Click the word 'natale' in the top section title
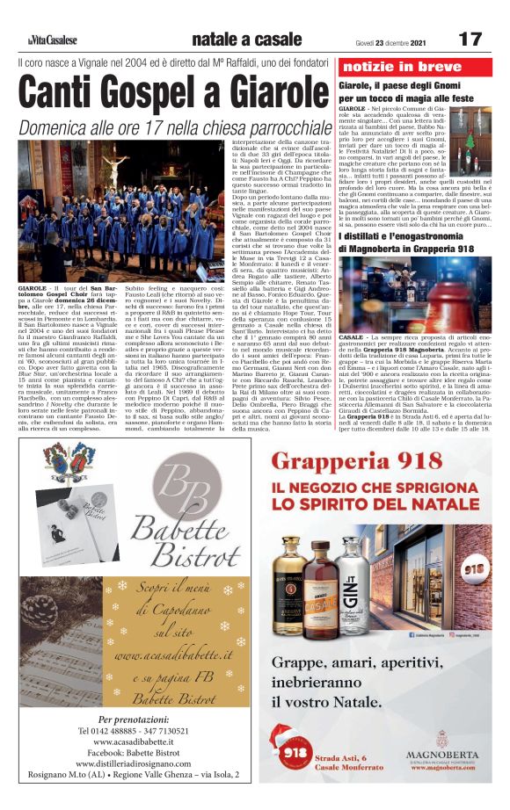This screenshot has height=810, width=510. pos(218,40)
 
